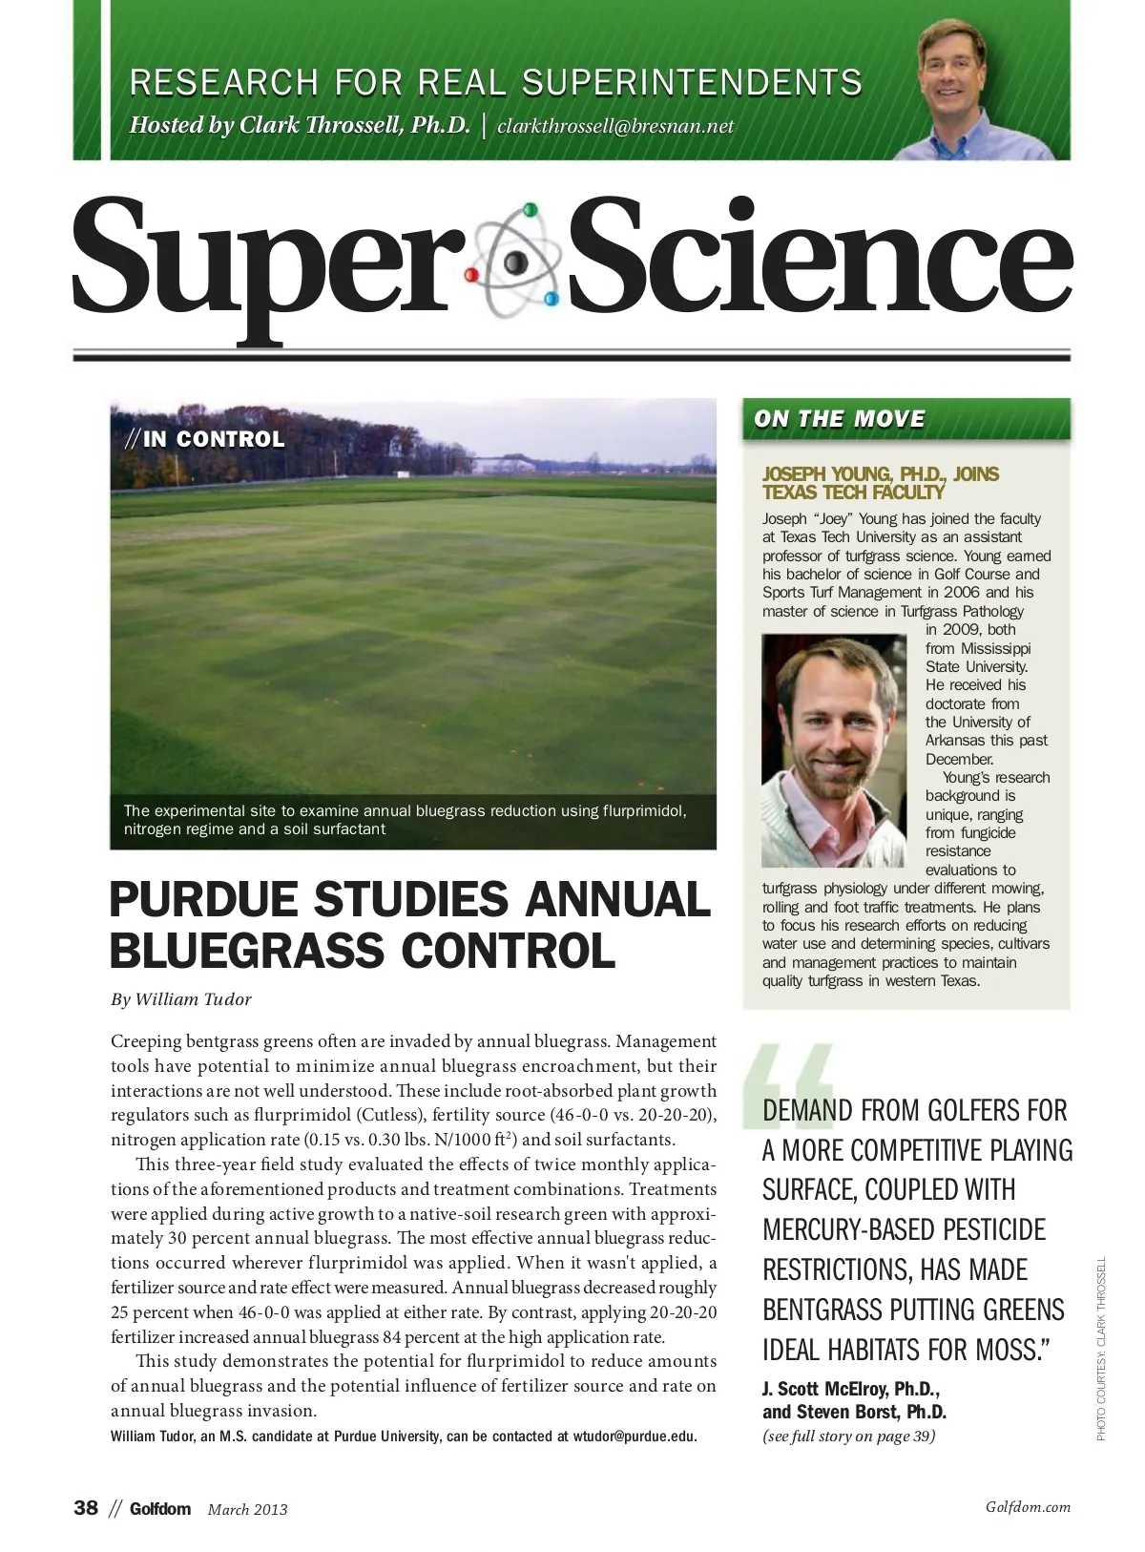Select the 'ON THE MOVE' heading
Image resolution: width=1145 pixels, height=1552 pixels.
pyautogui.click(x=840, y=419)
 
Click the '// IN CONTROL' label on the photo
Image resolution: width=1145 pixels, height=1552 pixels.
pyautogui.click(x=205, y=440)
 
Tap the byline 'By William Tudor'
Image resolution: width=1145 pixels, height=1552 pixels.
pyautogui.click(x=181, y=999)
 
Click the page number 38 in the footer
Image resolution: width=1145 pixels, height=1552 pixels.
pyautogui.click(x=86, y=1508)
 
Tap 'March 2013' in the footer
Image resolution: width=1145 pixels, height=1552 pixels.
pyautogui.click(x=247, y=1509)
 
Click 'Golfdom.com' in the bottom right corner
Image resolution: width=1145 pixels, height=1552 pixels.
pyautogui.click(x=1028, y=1507)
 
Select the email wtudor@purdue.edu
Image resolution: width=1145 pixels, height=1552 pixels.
pyautogui.click(x=635, y=1437)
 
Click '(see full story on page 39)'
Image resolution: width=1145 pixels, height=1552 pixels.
pyautogui.click(x=848, y=1437)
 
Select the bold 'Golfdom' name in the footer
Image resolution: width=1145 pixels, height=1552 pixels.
pyautogui.click(x=160, y=1509)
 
